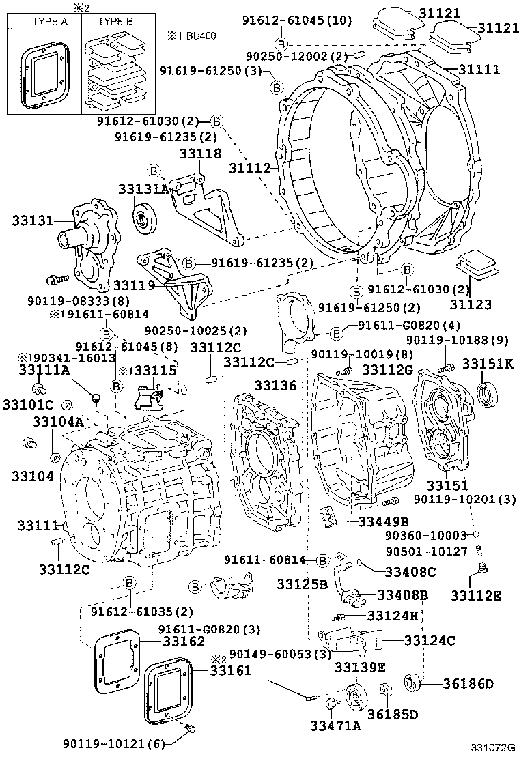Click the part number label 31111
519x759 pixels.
(x=479, y=70)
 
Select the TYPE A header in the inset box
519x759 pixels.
(x=44, y=21)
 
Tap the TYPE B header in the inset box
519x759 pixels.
(x=115, y=21)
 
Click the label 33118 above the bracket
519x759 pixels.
(x=200, y=154)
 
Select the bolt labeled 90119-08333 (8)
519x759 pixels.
(x=56, y=279)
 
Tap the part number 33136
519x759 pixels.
(x=276, y=386)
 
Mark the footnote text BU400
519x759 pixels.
(x=199, y=34)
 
